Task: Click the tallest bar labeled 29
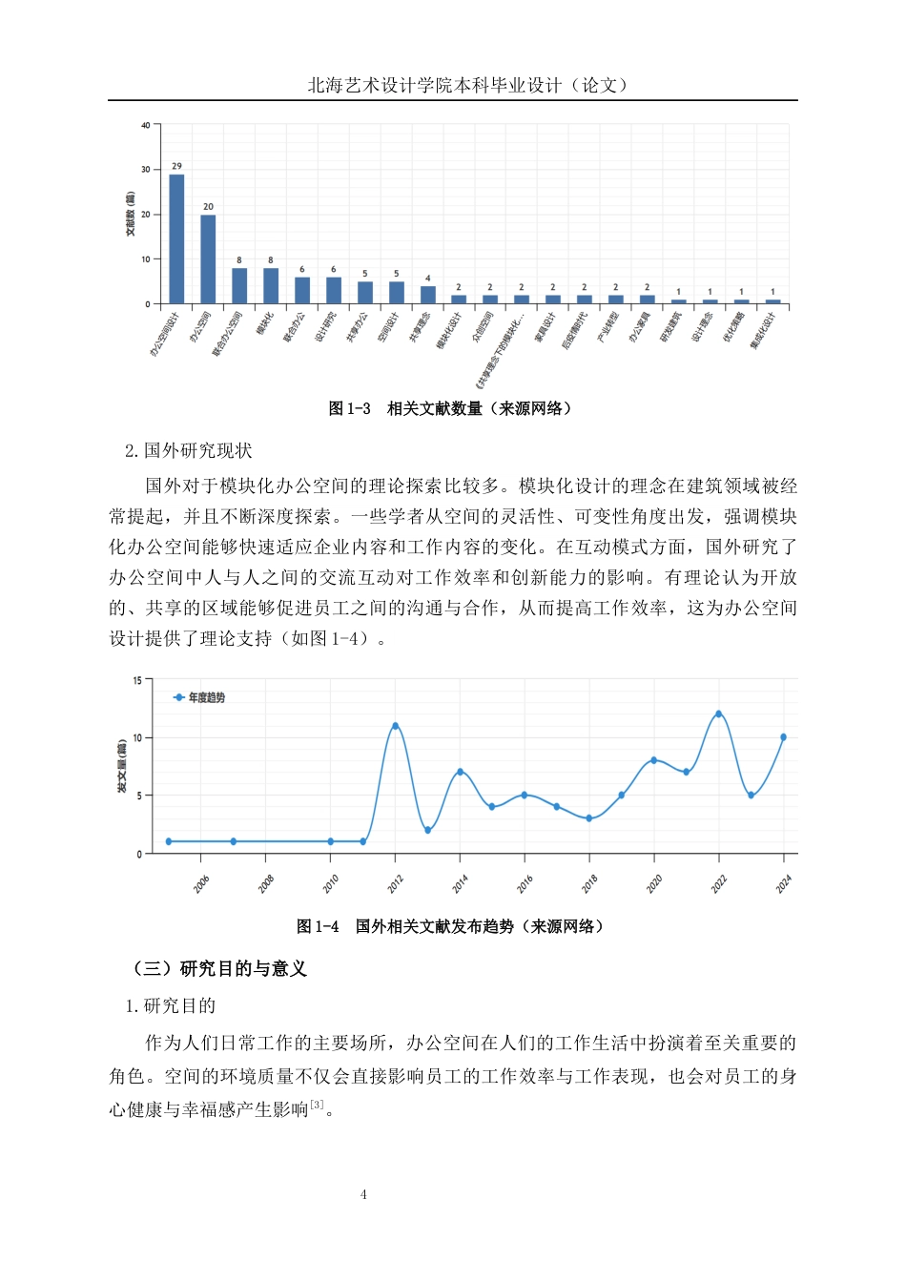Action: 176,238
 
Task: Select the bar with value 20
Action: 208,258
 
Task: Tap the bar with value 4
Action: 427,295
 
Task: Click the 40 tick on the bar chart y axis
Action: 146,125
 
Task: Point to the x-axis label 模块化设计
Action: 449,330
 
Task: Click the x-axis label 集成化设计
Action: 763,331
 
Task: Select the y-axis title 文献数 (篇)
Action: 131,214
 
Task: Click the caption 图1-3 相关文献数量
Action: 451,408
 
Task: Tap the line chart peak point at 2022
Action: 718,713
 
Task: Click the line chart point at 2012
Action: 395,726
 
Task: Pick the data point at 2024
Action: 784,737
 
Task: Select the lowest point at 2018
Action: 589,818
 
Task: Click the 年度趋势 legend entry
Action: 199,697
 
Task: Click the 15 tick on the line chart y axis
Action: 137,681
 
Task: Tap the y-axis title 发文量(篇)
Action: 122,767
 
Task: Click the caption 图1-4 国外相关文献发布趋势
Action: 451,926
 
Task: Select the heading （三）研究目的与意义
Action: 220,969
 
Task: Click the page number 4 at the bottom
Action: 363,1194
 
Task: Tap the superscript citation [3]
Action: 317,1105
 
